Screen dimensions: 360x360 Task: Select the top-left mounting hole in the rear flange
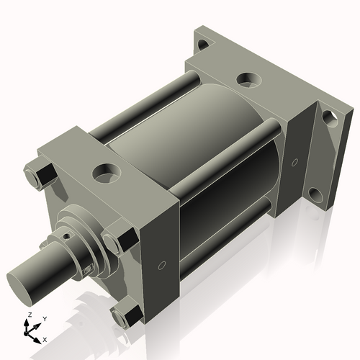click(x=204, y=44)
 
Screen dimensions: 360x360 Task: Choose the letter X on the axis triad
click(x=45, y=338)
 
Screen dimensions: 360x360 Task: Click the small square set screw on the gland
click(x=89, y=270)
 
